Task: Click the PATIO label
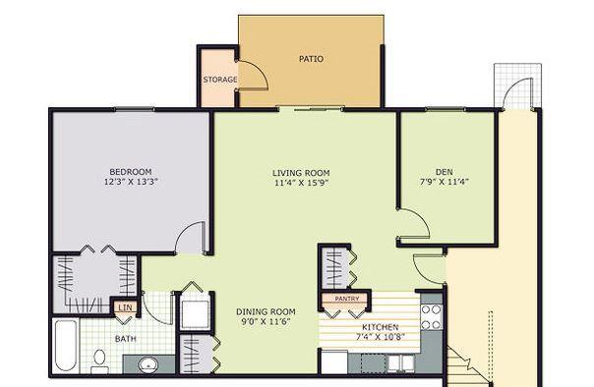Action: (311, 59)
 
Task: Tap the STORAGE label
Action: (220, 80)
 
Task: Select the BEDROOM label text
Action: (131, 171)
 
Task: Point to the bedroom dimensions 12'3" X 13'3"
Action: (131, 182)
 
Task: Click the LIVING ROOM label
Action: (301, 173)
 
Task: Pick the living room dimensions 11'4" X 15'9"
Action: (301, 183)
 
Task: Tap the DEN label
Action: (444, 172)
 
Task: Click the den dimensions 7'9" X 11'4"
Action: (444, 182)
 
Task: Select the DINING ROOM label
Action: (266, 312)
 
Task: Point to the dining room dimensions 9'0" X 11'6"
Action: (266, 322)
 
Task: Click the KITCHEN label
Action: (380, 327)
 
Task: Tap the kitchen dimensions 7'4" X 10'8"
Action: (380, 336)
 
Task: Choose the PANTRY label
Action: (346, 299)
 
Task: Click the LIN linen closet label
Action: (126, 307)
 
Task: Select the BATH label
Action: (126, 339)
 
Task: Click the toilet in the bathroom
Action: (99, 360)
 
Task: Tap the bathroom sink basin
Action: (148, 364)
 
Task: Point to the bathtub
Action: (66, 346)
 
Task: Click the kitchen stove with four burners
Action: (432, 316)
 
